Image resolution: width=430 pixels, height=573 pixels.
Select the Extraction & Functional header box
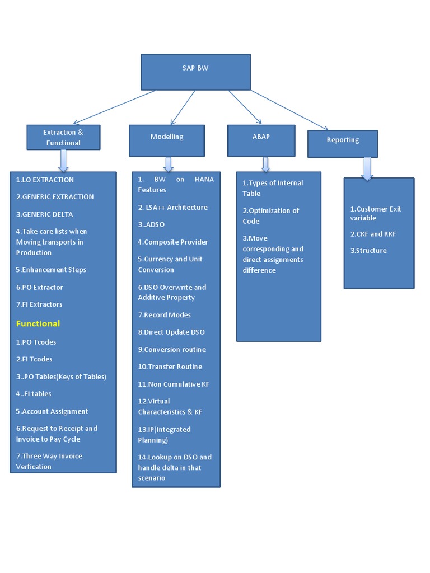63,138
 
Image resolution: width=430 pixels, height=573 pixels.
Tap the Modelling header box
167,140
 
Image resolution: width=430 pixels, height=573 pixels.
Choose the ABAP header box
261,140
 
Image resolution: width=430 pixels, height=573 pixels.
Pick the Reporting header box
343,144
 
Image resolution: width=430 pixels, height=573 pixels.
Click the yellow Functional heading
38,323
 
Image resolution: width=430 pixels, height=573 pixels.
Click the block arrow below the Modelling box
169,164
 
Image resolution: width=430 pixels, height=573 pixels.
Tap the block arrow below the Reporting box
367,168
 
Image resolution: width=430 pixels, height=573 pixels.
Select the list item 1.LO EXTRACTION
45,180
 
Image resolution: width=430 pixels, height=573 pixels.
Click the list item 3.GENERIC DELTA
44,214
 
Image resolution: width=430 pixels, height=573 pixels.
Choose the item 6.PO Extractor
39,287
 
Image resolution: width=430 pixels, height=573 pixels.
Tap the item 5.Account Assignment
52,411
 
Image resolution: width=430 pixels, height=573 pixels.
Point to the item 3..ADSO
152,224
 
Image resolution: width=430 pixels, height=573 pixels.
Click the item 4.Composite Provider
173,242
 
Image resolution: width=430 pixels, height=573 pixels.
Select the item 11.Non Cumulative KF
174,384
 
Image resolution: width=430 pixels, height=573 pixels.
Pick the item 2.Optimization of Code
271,215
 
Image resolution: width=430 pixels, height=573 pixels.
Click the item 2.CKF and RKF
373,234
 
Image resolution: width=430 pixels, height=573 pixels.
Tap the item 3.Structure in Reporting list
368,251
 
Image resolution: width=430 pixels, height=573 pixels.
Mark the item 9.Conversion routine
172,349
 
